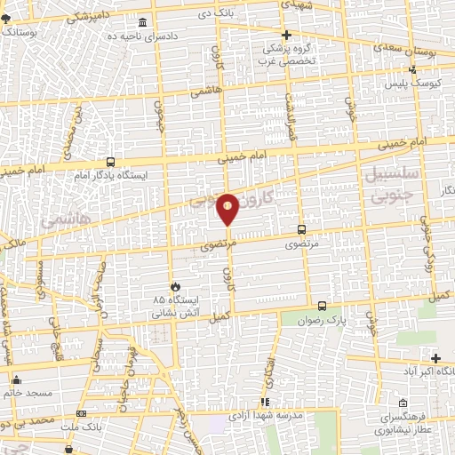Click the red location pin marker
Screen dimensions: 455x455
pyautogui.click(x=227, y=206)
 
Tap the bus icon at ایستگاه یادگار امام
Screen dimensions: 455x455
pyautogui.click(x=110, y=162)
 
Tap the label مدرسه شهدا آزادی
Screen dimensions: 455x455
pyautogui.click(x=274, y=416)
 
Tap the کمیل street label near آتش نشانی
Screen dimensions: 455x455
pyautogui.click(x=219, y=316)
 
